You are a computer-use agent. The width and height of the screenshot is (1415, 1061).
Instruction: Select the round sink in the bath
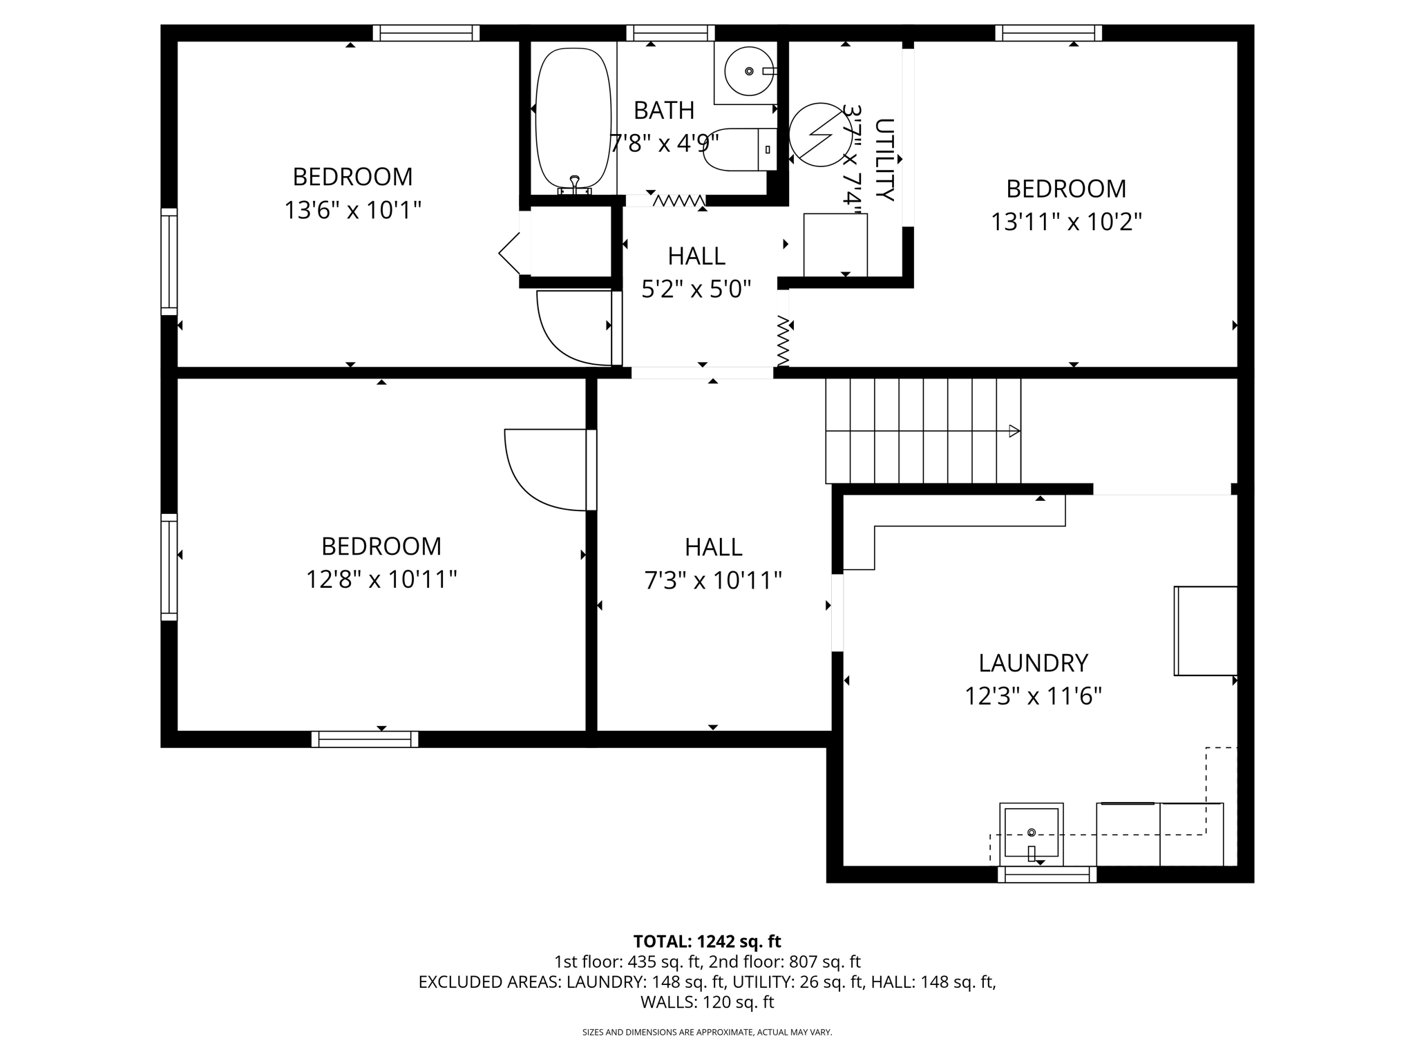pyautogui.click(x=749, y=72)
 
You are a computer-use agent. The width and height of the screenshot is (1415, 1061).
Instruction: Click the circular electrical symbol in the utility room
pyautogui.click(x=821, y=135)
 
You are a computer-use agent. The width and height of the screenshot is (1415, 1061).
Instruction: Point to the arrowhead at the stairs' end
pyautogui.click(x=1014, y=431)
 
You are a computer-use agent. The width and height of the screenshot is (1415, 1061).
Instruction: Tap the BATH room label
pyautogui.click(x=664, y=111)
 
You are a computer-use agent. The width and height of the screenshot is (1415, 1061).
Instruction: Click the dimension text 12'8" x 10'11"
pyautogui.click(x=381, y=580)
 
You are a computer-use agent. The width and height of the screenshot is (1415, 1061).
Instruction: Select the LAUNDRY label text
pyautogui.click(x=1033, y=663)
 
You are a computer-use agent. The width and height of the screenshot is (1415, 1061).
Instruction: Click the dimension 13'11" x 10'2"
pyautogui.click(x=1066, y=222)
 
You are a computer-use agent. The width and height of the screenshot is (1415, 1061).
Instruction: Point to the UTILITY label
pyautogui.click(x=884, y=160)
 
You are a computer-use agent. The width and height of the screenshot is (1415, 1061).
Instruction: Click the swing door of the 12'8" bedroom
pyautogui.click(x=546, y=470)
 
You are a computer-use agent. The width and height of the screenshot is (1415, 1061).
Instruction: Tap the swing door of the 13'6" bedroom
pyautogui.click(x=573, y=328)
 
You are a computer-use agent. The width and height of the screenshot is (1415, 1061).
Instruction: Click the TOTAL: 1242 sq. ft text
pyautogui.click(x=707, y=941)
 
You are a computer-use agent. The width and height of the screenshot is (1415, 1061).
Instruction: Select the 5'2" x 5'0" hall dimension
pyautogui.click(x=696, y=289)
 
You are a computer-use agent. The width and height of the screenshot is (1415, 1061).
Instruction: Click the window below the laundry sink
pyautogui.click(x=1047, y=874)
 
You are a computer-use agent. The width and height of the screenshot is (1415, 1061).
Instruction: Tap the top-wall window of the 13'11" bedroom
pyautogui.click(x=1048, y=32)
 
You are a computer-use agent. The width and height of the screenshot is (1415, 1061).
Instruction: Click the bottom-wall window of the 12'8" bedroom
pyautogui.click(x=365, y=739)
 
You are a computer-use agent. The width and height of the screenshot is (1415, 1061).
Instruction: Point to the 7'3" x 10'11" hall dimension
pyautogui.click(x=713, y=581)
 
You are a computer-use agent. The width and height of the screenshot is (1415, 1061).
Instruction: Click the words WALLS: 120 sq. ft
pyautogui.click(x=707, y=1002)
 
